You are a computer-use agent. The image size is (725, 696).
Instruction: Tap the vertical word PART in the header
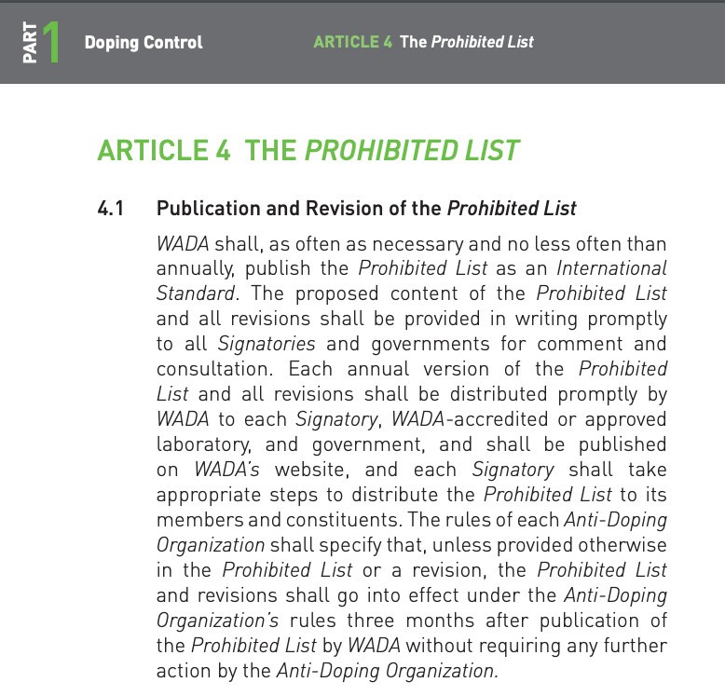(30, 43)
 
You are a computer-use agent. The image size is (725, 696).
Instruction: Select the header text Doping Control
(143, 42)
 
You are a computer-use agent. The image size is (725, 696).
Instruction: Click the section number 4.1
(111, 208)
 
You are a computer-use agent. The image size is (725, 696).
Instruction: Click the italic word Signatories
(266, 344)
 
